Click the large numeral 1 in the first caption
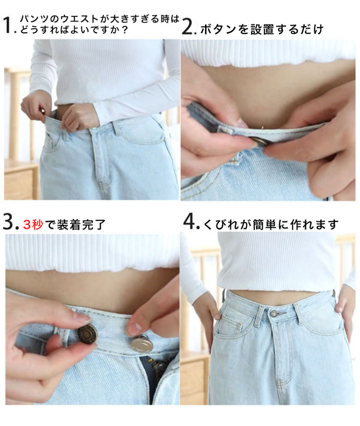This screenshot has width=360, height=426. [x=8, y=25]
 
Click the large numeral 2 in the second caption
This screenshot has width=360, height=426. [x=188, y=26]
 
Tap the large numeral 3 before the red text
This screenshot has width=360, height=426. [x=10, y=221]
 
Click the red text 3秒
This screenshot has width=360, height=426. [x=33, y=225]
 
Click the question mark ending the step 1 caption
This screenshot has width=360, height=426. [x=125, y=30]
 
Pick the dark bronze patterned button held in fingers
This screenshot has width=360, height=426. [x=87, y=334]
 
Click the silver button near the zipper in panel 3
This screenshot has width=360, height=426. [x=142, y=344]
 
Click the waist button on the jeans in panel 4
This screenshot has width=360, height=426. [x=274, y=314]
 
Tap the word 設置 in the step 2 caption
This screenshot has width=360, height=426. [x=262, y=30]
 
